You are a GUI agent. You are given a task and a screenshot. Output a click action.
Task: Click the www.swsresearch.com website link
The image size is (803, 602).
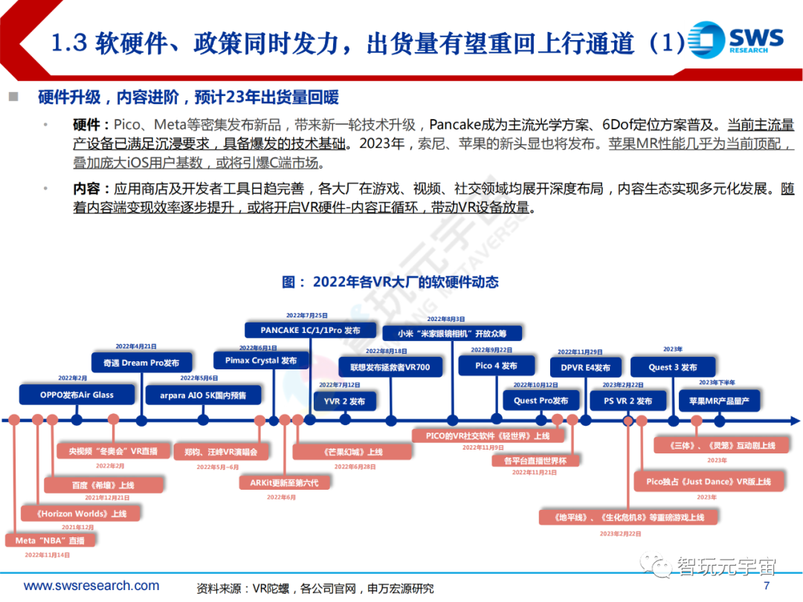click(91, 586)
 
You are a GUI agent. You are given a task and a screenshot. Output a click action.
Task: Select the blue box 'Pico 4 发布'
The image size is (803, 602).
click(496, 366)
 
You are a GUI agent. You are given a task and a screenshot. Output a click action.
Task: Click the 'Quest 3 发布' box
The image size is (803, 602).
click(673, 367)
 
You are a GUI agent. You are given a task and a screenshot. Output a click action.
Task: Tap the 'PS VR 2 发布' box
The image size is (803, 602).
click(627, 401)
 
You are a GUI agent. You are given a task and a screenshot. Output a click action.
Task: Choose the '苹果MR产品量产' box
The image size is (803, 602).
click(719, 401)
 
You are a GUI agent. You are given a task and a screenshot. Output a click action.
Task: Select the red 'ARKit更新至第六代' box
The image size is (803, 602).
click(283, 482)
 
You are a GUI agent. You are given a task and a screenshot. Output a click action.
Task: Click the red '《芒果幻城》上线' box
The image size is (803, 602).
click(352, 451)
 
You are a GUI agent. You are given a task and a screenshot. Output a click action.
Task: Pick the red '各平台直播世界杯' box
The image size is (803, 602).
click(535, 460)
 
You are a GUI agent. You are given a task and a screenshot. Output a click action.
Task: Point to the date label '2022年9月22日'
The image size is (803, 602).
click(491, 350)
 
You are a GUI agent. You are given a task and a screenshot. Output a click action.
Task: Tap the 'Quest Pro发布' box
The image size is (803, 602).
click(541, 401)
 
